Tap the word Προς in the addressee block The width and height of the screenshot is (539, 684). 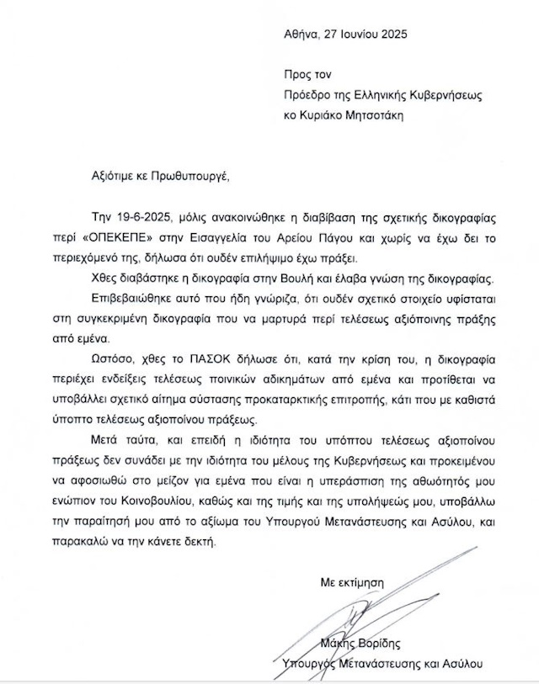click(x=298, y=75)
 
